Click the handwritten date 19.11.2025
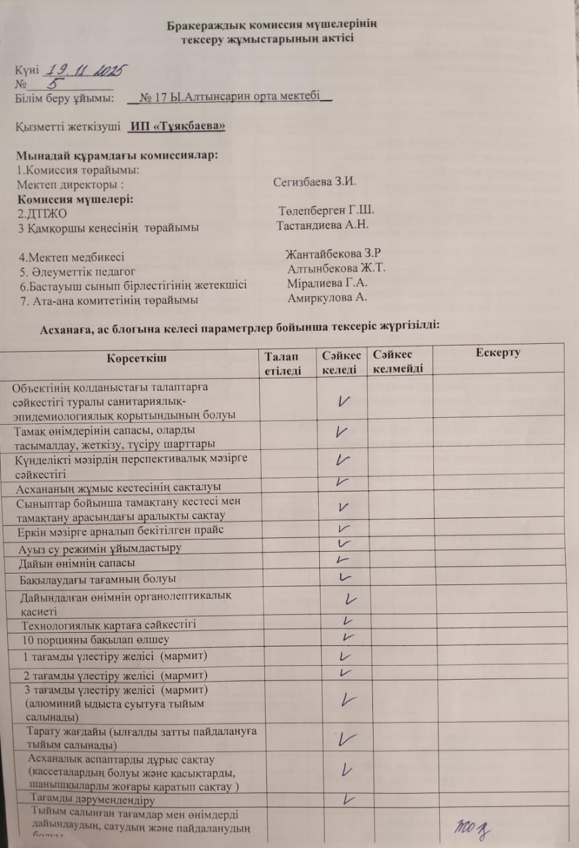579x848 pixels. (85, 70)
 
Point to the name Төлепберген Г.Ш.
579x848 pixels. (327, 210)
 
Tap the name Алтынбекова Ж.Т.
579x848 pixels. (337, 268)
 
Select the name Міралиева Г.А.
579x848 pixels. (328, 283)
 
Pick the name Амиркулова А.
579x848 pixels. (327, 297)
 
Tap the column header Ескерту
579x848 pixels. (498, 352)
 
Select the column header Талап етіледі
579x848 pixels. (284, 364)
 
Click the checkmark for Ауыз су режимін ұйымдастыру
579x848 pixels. (343, 544)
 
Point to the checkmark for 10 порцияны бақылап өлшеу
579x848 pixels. (346, 637)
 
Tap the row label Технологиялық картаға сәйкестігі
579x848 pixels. (109, 624)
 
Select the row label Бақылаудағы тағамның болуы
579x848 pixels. (100, 579)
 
